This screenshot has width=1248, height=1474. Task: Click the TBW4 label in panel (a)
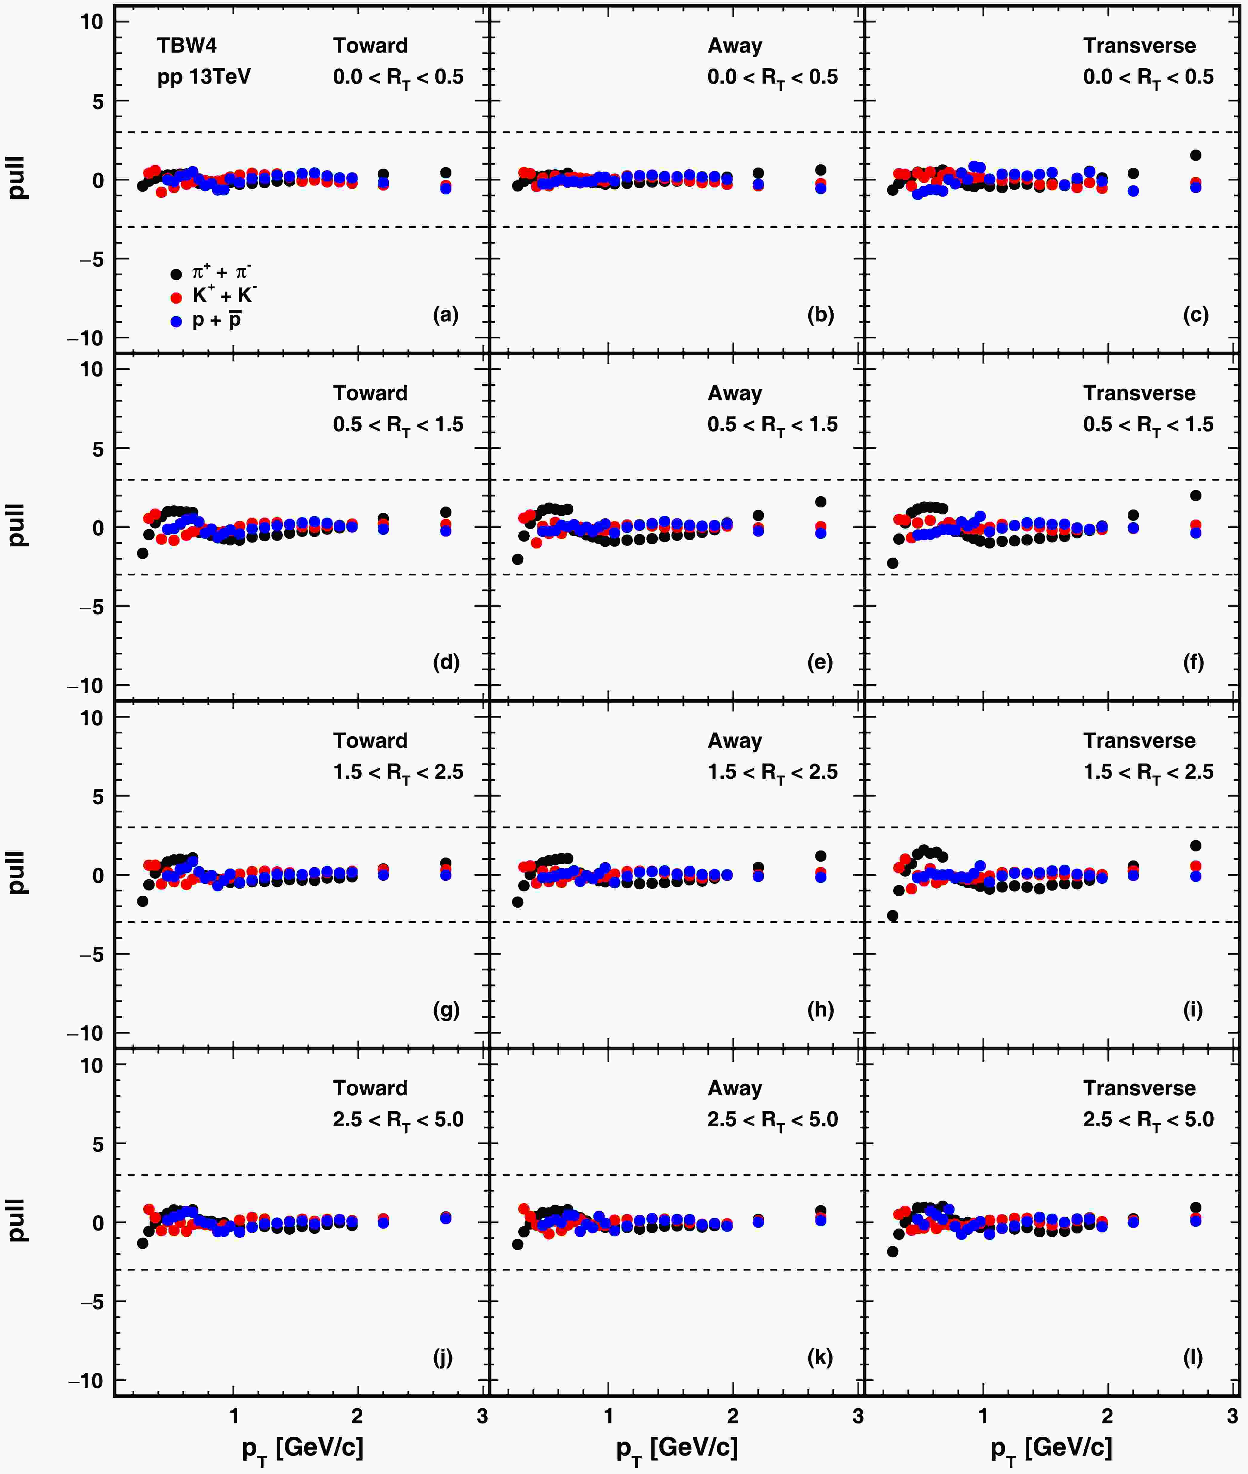pyautogui.click(x=187, y=46)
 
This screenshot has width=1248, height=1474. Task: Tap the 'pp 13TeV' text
pyautogui.click(x=204, y=76)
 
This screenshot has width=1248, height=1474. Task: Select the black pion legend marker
pyautogui.click(x=176, y=275)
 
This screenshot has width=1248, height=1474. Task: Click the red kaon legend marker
pyautogui.click(x=176, y=298)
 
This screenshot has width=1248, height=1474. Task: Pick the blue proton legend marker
pyautogui.click(x=176, y=322)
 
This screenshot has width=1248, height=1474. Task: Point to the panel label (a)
pyautogui.click(x=446, y=315)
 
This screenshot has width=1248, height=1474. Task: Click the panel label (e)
pyautogui.click(x=820, y=663)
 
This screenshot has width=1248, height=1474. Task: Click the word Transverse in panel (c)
pyautogui.click(x=1139, y=46)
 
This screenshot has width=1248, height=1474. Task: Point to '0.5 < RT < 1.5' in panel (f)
pyautogui.click(x=1148, y=425)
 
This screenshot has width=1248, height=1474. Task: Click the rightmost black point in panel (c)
pyautogui.click(x=1196, y=155)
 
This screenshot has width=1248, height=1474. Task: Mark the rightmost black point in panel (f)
pyautogui.click(x=1196, y=496)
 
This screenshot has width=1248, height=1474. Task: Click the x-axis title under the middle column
pyautogui.click(x=677, y=1447)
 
